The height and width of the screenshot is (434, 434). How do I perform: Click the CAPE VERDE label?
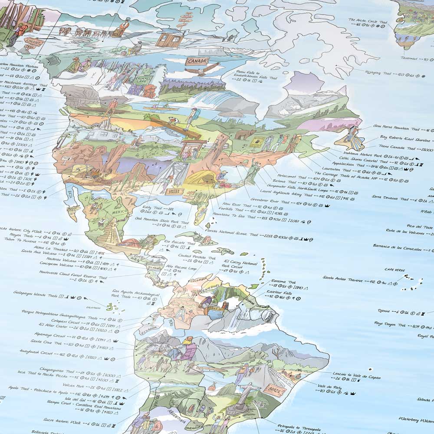point(395,270)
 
